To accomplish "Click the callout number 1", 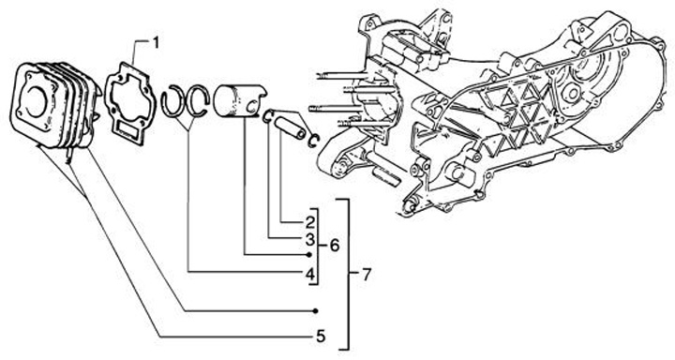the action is (x=156, y=42).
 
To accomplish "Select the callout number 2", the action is (x=310, y=222).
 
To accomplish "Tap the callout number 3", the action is (x=310, y=238).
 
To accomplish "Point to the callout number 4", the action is (x=310, y=273).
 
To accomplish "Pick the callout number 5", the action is (x=321, y=336).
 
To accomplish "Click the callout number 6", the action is (x=334, y=246).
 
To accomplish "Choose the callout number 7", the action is (x=366, y=274).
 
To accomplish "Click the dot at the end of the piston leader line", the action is (x=308, y=255).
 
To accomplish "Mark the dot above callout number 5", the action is (x=315, y=311).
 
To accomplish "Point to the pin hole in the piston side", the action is (x=254, y=104).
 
